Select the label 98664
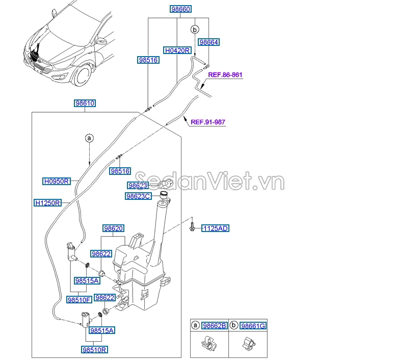[x=209, y=42]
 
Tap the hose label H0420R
[x=177, y=50]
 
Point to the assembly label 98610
[x=85, y=103]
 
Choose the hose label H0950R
[x=56, y=181]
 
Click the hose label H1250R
[x=47, y=202]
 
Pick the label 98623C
[x=138, y=196]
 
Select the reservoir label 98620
[x=113, y=228]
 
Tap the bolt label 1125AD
[x=216, y=228]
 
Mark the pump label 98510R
[x=94, y=350]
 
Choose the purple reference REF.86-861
[x=225, y=75]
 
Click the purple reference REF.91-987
[x=207, y=122]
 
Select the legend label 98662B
[x=214, y=326]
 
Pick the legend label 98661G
[x=253, y=326]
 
